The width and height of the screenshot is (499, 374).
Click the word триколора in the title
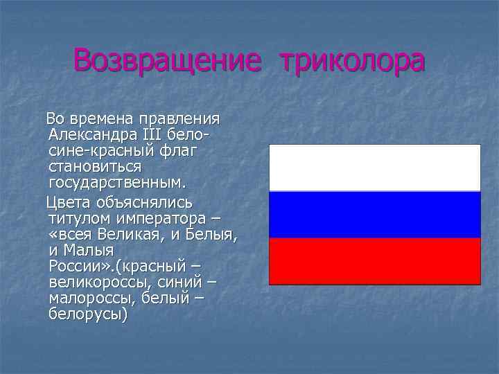pyautogui.click(x=351, y=61)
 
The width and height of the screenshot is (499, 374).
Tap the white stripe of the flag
pyautogui.click(x=374, y=168)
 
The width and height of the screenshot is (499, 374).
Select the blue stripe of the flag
pyautogui.click(x=374, y=215)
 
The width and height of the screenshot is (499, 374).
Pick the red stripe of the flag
pyautogui.click(x=374, y=261)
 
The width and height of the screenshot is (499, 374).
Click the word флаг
pyautogui.click(x=179, y=150)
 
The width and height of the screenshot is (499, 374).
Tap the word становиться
pyautogui.click(x=95, y=167)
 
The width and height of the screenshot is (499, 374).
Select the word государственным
pyautogui.click(x=117, y=184)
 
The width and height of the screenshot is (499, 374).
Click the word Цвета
pyautogui.click(x=69, y=202)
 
